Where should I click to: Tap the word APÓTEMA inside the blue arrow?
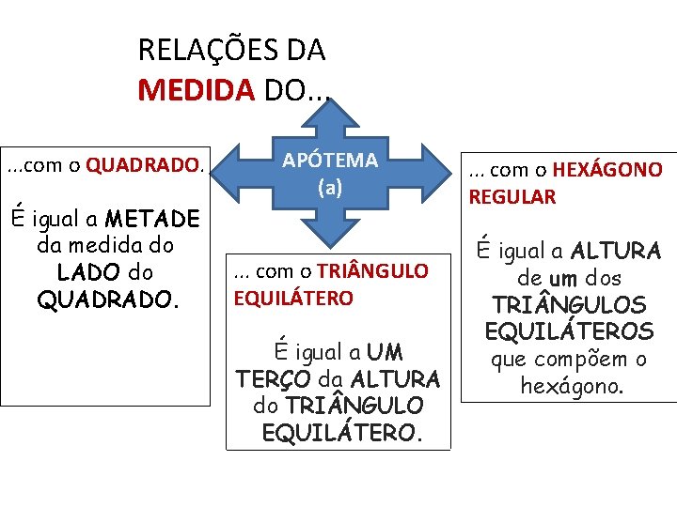point(330,161)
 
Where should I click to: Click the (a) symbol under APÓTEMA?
point(330,187)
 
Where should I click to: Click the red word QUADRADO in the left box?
point(143,166)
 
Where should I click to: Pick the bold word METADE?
point(152,220)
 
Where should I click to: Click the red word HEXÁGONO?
point(607,170)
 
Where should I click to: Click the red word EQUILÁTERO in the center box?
point(293,299)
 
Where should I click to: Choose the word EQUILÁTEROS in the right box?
point(569,331)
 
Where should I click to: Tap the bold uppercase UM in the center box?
point(386,353)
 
